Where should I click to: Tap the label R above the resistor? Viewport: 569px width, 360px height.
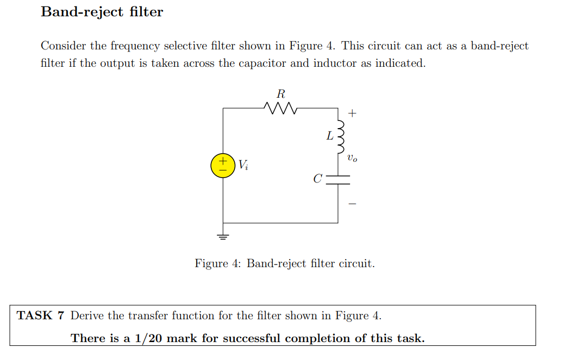[280, 93]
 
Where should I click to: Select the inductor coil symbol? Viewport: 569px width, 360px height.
[340, 136]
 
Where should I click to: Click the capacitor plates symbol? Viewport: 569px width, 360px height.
[338, 180]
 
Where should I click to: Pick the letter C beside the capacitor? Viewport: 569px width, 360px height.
[318, 179]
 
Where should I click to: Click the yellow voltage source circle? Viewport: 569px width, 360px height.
[222, 165]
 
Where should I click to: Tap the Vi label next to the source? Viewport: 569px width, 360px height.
[243, 165]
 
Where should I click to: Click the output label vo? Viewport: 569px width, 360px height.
[352, 159]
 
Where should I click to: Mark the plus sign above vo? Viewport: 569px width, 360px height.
[352, 113]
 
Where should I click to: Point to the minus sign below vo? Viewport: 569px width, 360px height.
[352, 204]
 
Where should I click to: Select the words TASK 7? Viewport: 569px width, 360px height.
[41, 315]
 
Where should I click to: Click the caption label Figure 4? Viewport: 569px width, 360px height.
[218, 264]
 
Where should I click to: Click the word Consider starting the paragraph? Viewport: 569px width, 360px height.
[63, 46]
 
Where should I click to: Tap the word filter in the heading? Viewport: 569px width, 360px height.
[146, 12]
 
